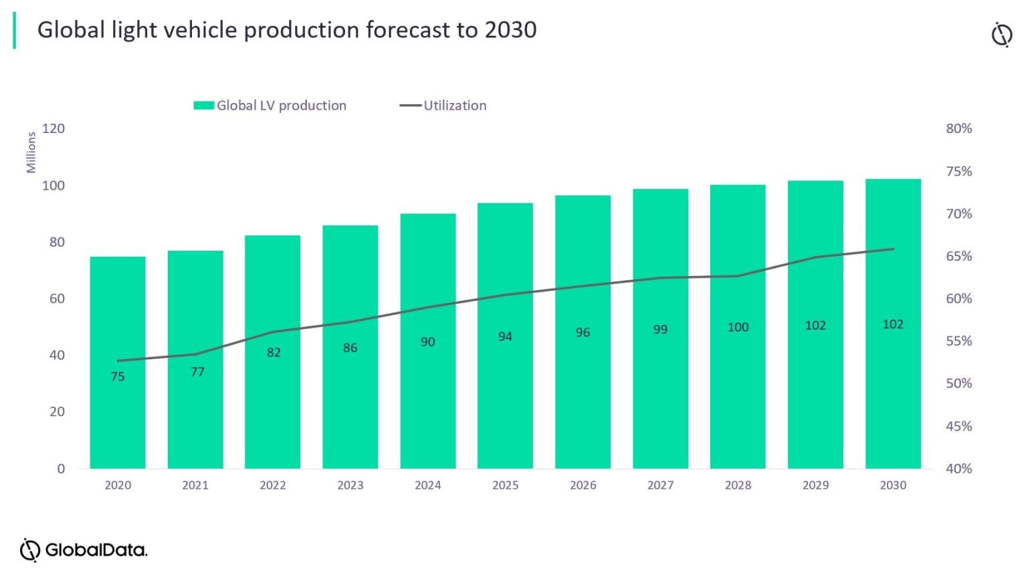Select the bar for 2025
click(505, 401)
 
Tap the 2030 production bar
click(893, 401)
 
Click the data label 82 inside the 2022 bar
click(274, 352)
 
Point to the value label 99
click(660, 329)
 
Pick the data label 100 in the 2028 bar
click(738, 327)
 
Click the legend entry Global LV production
click(281, 106)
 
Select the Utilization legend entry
click(454, 106)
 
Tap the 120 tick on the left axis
click(54, 128)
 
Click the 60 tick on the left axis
click(57, 298)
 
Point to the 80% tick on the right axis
click(958, 128)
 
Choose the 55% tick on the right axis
click(958, 341)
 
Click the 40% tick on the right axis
click(958, 469)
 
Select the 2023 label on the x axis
click(350, 485)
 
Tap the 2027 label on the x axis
click(660, 485)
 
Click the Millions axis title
click(31, 152)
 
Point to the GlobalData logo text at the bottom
click(95, 550)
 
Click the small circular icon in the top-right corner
click(1001, 35)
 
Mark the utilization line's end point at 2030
click(894, 249)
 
